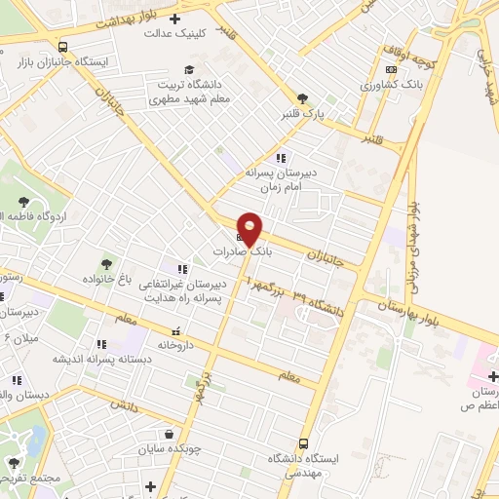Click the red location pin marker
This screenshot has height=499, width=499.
pyautogui.click(x=249, y=227)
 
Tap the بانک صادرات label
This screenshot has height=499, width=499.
pyautogui.click(x=246, y=250)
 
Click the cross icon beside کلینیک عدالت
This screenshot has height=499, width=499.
pyautogui.click(x=174, y=19)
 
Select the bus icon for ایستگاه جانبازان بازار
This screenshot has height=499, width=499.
pyautogui.click(x=63, y=46)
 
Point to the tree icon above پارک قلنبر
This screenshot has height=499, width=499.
pyautogui.click(x=303, y=97)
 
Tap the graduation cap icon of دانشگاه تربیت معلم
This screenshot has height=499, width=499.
pyautogui.click(x=191, y=69)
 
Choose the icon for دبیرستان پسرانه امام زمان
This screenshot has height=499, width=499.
pyautogui.click(x=282, y=158)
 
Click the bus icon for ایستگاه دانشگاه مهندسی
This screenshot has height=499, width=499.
pyautogui.click(x=303, y=443)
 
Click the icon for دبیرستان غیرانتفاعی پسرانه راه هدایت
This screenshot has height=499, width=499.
pyautogui.click(x=181, y=269)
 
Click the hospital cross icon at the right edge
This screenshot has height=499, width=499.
pyautogui.click(x=493, y=377)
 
